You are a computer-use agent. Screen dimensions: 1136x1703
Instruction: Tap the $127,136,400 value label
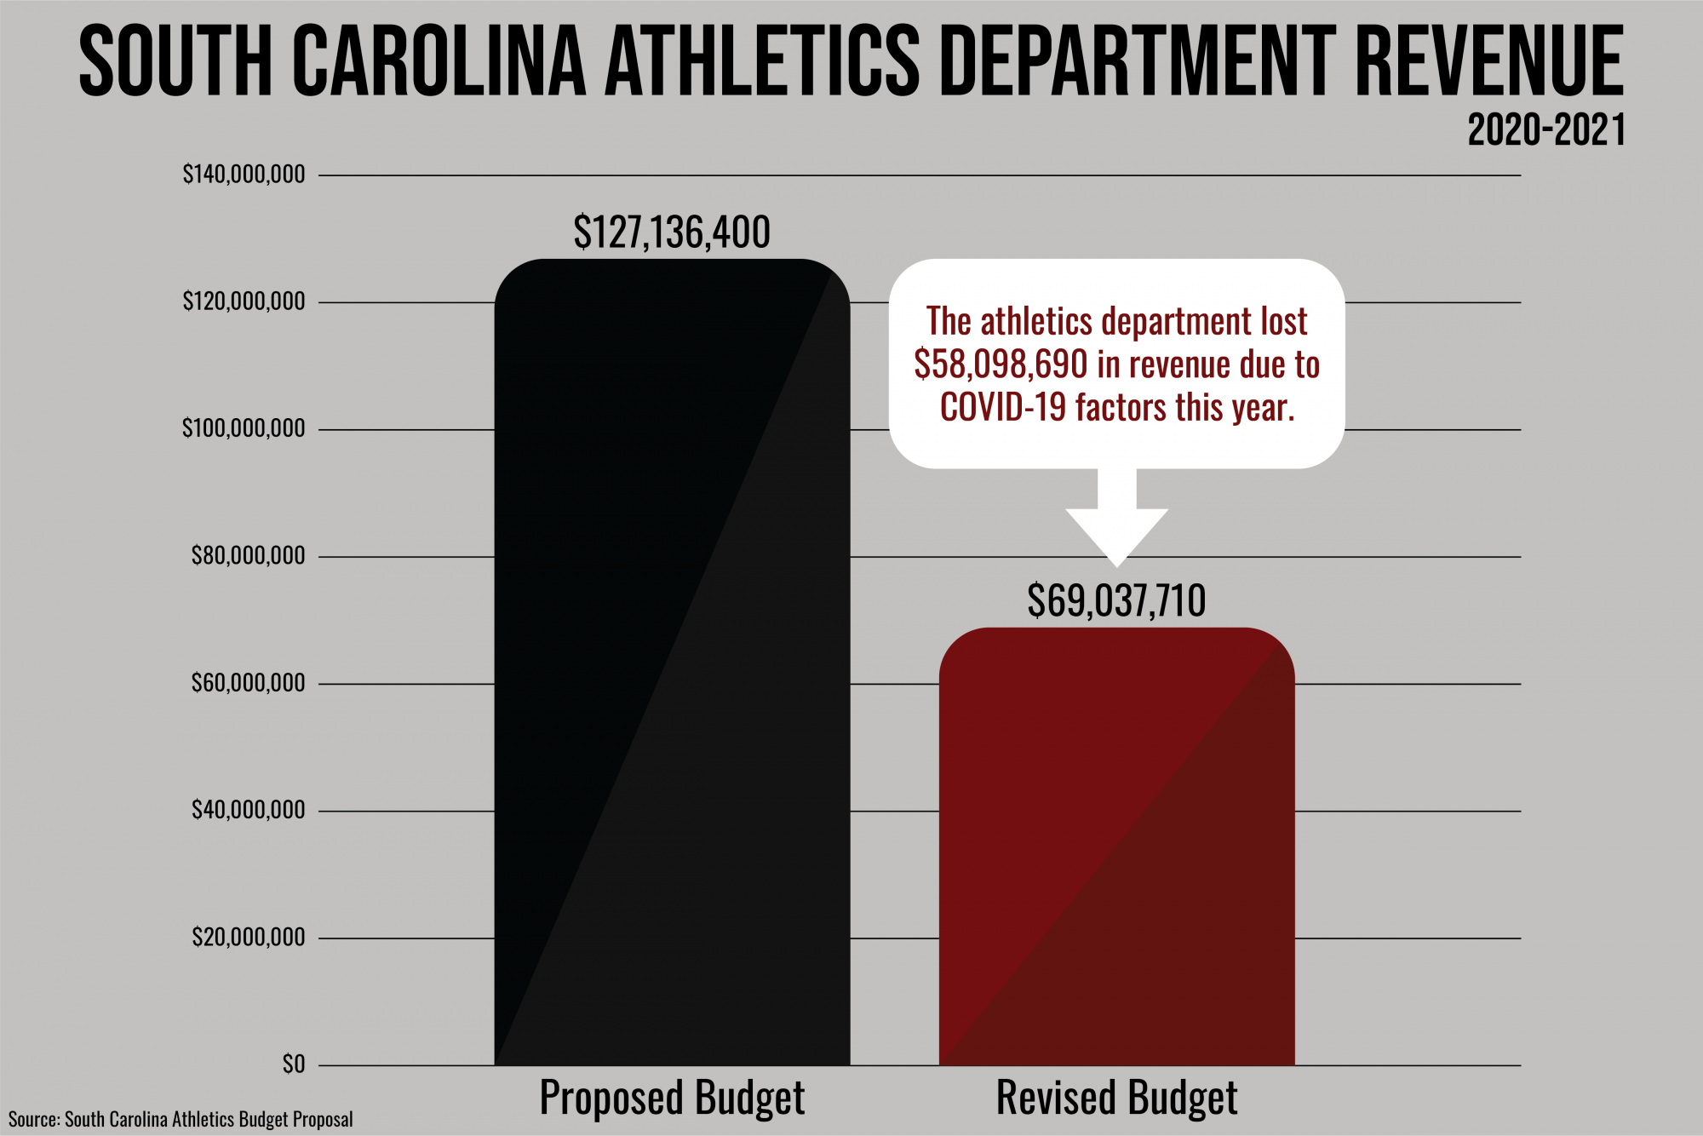click(x=672, y=232)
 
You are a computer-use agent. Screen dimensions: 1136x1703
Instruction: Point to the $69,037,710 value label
click(x=1116, y=601)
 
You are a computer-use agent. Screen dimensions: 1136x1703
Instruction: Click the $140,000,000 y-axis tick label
click(x=244, y=175)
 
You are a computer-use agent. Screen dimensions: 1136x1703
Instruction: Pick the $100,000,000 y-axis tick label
click(x=244, y=428)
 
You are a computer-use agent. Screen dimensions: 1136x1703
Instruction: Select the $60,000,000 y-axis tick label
click(x=248, y=683)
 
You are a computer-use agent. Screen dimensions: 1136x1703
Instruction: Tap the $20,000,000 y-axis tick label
click(x=248, y=938)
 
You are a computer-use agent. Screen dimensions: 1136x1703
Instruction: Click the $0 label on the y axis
click(x=293, y=1064)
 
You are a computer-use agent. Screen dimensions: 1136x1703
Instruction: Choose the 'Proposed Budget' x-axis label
click(x=672, y=1098)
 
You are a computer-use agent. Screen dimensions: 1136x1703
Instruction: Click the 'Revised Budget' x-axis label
click(x=1116, y=1098)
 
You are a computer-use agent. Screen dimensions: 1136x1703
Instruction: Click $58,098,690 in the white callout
click(x=1001, y=365)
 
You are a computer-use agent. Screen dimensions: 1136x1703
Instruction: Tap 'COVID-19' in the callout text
click(x=1002, y=408)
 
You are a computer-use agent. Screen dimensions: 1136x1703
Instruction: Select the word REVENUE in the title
click(x=1488, y=61)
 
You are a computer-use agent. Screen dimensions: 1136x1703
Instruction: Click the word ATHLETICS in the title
click(x=762, y=61)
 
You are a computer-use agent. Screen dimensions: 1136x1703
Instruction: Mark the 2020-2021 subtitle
click(x=1546, y=130)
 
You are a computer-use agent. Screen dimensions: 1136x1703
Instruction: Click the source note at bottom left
click(x=181, y=1119)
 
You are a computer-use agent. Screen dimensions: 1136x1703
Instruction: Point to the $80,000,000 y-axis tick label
click(x=248, y=556)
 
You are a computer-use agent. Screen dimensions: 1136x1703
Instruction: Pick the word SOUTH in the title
click(x=175, y=61)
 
